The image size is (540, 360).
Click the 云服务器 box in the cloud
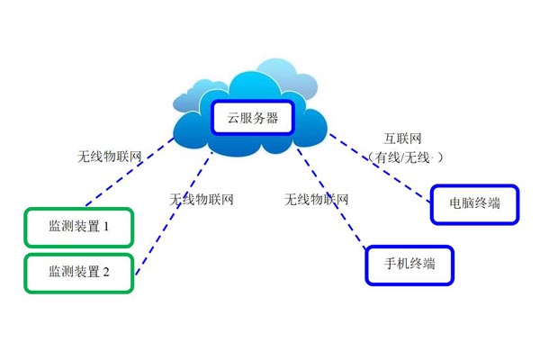click(x=252, y=118)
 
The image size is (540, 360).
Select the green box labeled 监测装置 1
click(x=79, y=228)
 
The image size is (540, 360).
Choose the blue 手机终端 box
click(x=409, y=265)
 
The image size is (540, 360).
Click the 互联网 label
click(x=404, y=139)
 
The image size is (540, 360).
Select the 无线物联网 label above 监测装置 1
click(x=110, y=156)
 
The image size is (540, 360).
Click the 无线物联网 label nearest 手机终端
click(x=316, y=199)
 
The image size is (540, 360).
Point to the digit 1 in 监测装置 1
click(x=105, y=228)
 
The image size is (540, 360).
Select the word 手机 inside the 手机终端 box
click(x=395, y=265)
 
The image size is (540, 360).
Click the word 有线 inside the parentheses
click(x=389, y=157)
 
